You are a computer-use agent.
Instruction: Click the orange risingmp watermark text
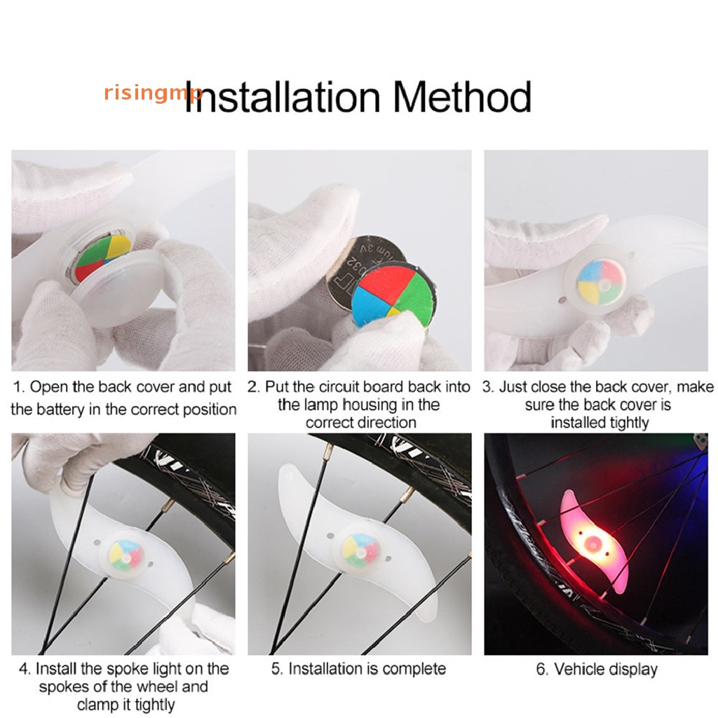(x=153, y=93)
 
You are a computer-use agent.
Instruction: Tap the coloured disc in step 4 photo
(x=126, y=555)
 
